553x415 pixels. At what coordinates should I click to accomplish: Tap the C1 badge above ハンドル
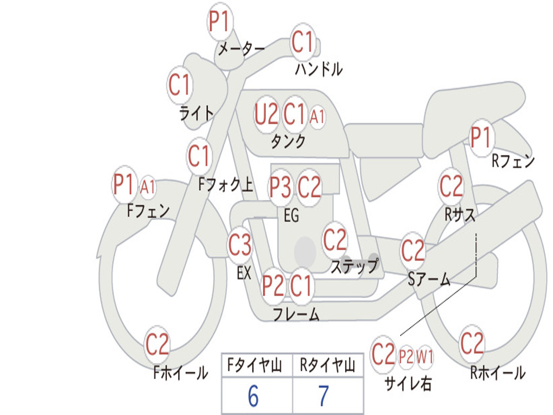click(302, 42)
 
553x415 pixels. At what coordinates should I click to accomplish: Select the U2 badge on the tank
click(266, 114)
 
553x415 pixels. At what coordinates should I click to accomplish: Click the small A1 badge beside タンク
click(318, 116)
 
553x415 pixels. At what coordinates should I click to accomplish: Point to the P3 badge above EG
click(280, 187)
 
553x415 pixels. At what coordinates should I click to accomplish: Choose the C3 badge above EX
click(240, 245)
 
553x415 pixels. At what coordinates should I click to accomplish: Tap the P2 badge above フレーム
click(273, 286)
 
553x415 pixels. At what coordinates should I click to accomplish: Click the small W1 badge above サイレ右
click(425, 357)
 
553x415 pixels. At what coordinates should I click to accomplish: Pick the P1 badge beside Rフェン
click(480, 137)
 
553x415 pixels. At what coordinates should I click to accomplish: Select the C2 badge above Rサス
click(451, 186)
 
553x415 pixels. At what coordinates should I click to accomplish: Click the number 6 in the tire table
click(253, 397)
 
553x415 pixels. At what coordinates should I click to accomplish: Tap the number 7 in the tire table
click(323, 397)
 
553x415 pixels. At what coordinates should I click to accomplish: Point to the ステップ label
click(354, 266)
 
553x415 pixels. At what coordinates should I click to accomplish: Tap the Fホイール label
click(180, 373)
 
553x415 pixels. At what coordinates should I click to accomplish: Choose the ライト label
click(196, 113)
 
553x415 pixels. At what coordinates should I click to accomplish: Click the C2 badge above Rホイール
click(471, 343)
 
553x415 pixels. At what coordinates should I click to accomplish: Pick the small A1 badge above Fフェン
click(147, 188)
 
